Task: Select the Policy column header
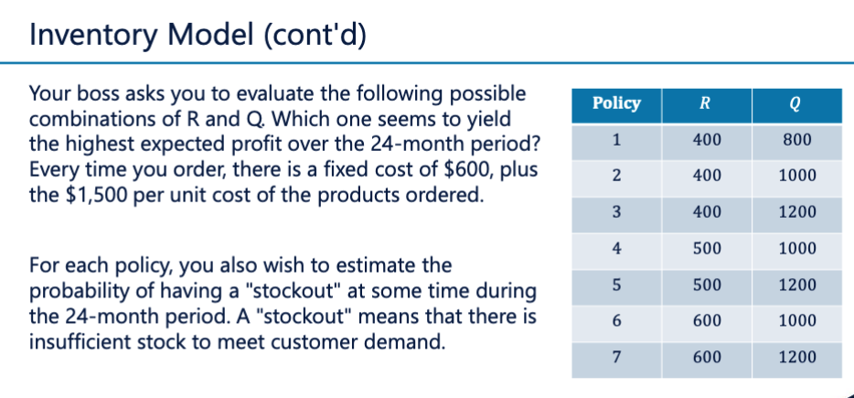[617, 103]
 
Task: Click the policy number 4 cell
[617, 248]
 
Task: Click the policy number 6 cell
[617, 320]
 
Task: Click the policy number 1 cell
[617, 140]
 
